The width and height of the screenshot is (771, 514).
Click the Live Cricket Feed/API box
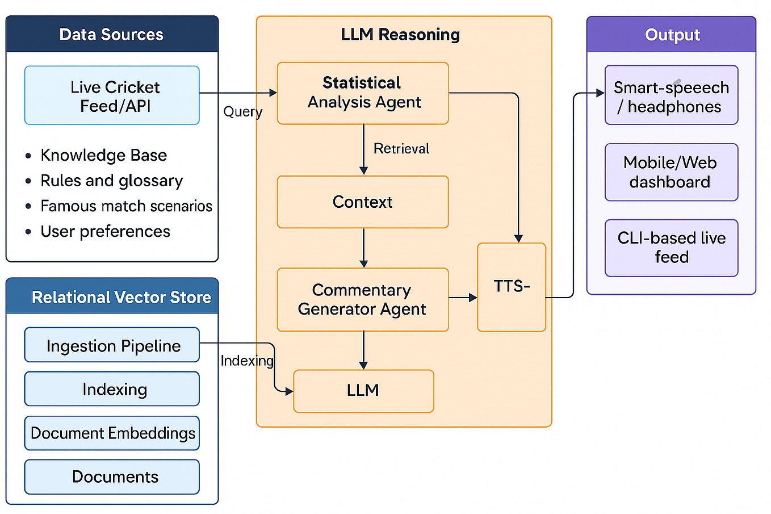112,95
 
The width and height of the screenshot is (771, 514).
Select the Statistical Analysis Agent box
363,93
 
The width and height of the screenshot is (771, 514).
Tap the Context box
363,202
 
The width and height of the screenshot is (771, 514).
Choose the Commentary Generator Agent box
363,299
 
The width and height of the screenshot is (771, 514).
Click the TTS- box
512,287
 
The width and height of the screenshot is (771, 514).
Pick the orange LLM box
363,391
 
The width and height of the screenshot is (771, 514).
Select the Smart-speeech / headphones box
671,95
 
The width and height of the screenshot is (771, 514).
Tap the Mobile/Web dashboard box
671,172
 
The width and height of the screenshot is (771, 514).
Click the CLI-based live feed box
671,248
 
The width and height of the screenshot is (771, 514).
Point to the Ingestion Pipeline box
112,345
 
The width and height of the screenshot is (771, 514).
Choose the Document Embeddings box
112,433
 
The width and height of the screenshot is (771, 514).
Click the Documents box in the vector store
112,477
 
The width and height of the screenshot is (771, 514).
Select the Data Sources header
112,35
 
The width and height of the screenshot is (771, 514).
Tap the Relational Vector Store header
121,297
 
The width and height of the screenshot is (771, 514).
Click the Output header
672,35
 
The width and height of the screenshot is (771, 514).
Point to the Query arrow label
242,112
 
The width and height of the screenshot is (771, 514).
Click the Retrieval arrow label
401,149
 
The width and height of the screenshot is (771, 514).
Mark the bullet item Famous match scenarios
126,206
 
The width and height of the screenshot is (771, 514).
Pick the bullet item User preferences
105,232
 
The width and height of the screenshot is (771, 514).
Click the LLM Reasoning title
400,35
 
